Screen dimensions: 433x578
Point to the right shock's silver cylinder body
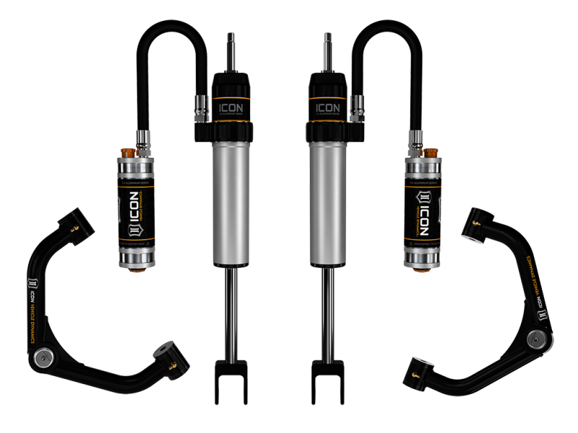point(326,202)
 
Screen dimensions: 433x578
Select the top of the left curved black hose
point(173,26)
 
